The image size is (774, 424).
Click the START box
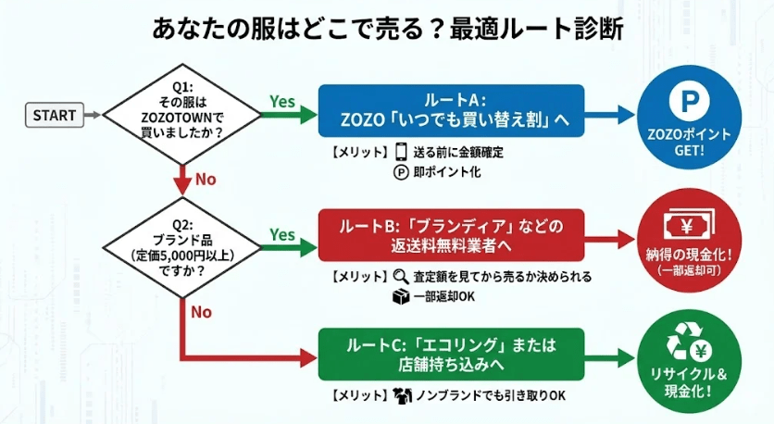click(x=55, y=116)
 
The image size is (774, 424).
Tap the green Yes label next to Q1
click(x=281, y=101)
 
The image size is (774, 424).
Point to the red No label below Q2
click(x=202, y=312)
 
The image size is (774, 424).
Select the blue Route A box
click(x=451, y=112)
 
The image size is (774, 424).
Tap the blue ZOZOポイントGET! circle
click(x=689, y=117)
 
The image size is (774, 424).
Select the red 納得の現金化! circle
click(x=689, y=238)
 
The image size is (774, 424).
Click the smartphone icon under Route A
click(x=402, y=152)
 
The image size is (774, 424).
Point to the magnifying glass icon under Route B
click(x=401, y=276)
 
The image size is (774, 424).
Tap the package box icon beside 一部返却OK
click(x=401, y=297)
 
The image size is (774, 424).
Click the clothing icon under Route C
click(x=402, y=396)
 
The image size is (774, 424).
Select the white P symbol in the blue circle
click(x=689, y=100)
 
